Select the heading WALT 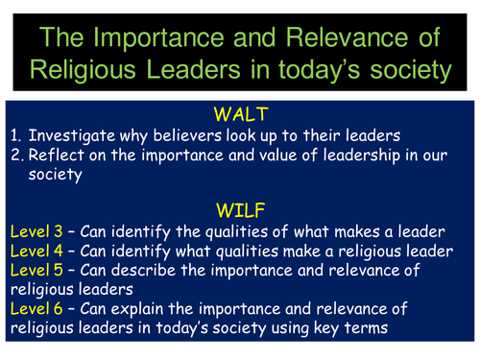pos(240,110)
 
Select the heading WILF pos(239,208)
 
